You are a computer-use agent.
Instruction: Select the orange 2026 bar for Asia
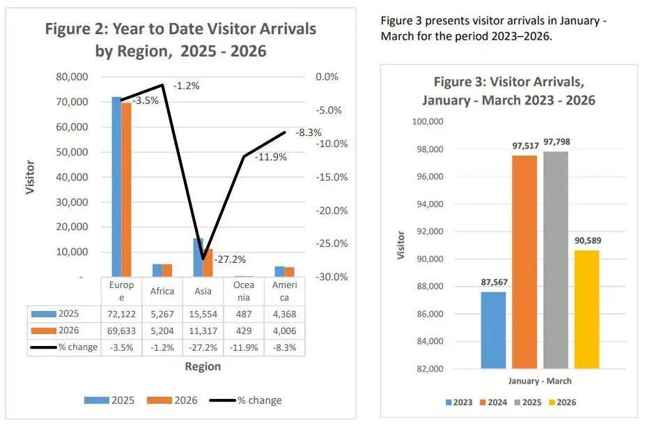[208, 263]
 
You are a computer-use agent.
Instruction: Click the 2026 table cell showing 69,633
[117, 331]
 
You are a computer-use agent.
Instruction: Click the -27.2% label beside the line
[228, 259]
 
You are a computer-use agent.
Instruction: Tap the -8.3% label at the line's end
[307, 132]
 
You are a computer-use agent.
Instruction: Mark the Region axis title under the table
[203, 366]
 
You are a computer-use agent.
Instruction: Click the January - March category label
[540, 381]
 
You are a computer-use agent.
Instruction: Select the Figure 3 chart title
[508, 91]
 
